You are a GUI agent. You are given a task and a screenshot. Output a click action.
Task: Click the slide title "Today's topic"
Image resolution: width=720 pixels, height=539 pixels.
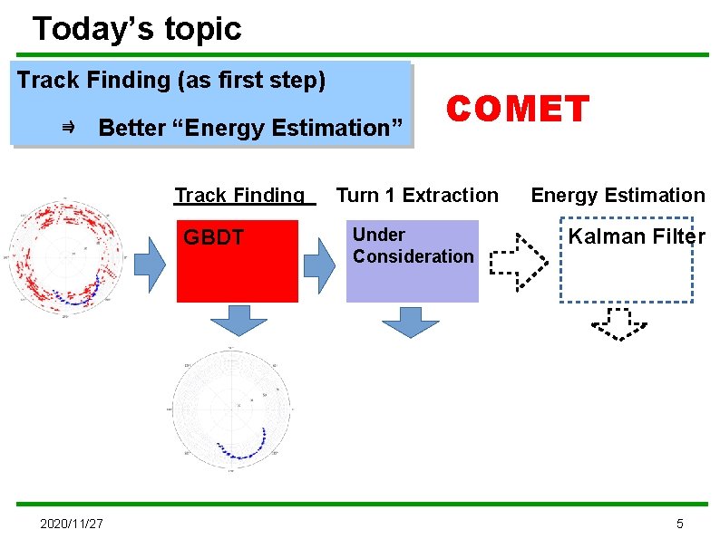coord(137,29)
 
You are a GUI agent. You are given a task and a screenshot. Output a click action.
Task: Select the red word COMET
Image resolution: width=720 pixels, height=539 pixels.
coord(519,110)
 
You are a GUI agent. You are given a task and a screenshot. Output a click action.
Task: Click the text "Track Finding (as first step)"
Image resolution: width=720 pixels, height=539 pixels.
coord(171,80)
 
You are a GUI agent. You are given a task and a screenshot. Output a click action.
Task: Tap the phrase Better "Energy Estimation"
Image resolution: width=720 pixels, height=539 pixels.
coord(249,128)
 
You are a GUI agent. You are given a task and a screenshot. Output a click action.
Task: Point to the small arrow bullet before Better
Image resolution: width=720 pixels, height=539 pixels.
coord(68,128)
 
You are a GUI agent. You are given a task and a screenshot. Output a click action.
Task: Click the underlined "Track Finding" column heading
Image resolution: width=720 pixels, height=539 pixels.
coord(240,195)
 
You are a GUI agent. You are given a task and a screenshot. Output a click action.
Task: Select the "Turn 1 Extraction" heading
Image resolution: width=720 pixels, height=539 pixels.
coord(417,195)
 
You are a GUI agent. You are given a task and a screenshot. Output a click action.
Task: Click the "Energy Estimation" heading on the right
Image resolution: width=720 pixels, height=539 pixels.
coord(618,195)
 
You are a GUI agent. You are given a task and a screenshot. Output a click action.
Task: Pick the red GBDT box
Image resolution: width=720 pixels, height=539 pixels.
coord(237,261)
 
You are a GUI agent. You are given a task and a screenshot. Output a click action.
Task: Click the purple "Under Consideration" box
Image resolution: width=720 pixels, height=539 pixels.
coord(412,261)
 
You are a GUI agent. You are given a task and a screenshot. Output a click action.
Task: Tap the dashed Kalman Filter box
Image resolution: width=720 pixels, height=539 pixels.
coord(626,259)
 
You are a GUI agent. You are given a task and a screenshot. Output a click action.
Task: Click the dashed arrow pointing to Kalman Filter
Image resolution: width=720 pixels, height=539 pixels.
coord(518,263)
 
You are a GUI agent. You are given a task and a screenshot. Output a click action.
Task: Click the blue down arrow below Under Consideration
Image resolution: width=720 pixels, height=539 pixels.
coord(410,322)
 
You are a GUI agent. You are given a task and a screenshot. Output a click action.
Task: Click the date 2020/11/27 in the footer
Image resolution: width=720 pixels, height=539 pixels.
coord(72,524)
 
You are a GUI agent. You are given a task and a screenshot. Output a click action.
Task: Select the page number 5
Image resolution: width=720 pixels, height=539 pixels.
coord(680,524)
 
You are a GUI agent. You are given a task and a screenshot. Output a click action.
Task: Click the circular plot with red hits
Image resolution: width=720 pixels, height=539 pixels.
coord(65,256)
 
